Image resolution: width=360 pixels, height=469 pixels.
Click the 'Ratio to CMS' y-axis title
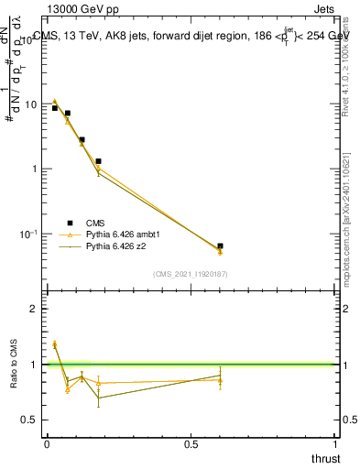click(15, 364)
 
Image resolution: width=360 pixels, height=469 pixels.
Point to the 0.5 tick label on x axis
click(191, 443)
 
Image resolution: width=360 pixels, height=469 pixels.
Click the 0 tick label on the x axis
click(47, 443)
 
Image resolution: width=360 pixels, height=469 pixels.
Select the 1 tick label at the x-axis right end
click(335, 443)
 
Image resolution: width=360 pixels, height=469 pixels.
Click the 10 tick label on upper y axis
click(30, 104)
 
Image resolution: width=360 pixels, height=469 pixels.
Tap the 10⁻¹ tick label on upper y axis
click(28, 234)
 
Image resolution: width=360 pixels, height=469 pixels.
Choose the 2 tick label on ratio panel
click(34, 309)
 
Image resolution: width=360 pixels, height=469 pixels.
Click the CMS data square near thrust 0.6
click(220, 246)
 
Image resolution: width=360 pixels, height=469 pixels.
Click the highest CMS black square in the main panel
click(55, 108)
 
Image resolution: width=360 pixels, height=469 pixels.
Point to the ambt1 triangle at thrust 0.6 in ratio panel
click(220, 379)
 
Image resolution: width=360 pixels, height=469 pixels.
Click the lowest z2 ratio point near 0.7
click(98, 398)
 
